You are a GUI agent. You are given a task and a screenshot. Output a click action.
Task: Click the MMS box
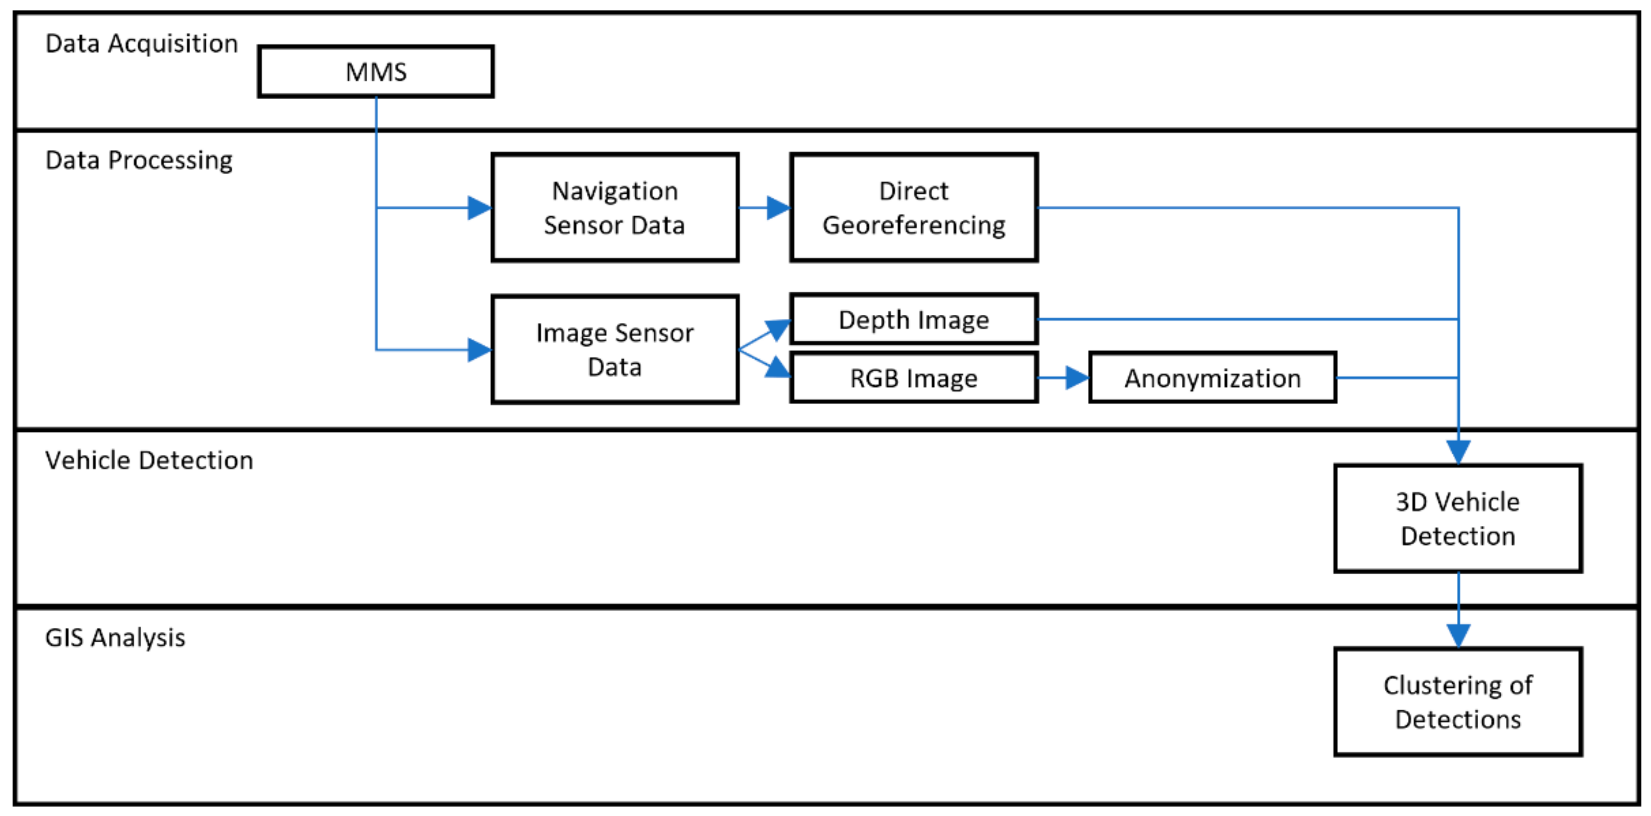376,71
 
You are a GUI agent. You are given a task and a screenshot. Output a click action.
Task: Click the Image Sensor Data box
614,349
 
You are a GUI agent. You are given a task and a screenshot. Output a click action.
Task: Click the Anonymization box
1212,378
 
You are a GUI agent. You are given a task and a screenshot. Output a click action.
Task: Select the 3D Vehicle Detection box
1458,518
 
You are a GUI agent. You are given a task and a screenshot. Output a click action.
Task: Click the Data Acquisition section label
142,44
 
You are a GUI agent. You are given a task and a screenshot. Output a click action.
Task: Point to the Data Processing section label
139,160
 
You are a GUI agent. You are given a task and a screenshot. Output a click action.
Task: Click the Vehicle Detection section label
149,460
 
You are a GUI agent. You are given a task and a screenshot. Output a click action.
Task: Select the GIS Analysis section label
115,638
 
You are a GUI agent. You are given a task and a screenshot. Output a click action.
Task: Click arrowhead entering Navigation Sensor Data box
479,208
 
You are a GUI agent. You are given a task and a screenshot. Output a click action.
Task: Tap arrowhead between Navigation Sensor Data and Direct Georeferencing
778,208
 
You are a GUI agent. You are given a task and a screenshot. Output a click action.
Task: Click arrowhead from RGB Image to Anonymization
1077,378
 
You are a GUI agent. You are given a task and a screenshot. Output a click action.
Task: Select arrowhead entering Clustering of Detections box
1459,635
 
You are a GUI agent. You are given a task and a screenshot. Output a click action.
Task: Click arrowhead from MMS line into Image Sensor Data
479,350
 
